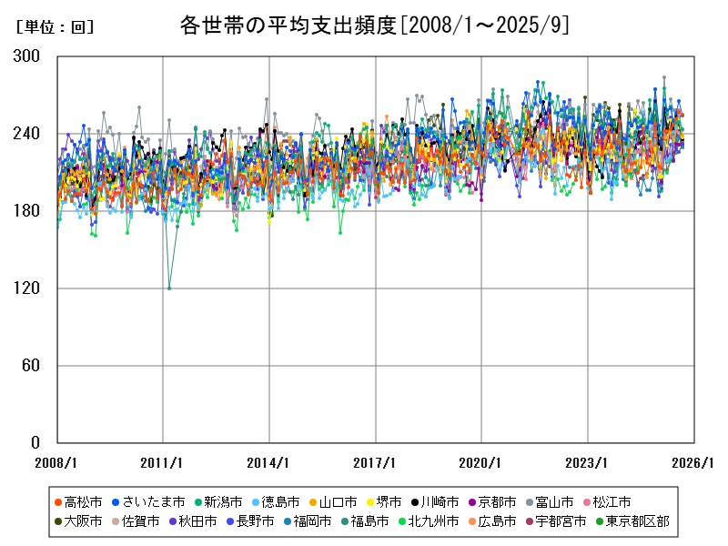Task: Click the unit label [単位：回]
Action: coord(56,27)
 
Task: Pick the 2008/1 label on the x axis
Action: coord(57,462)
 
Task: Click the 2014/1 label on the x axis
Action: coord(269,462)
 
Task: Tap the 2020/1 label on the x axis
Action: coord(481,462)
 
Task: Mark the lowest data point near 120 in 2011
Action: coord(169,288)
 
